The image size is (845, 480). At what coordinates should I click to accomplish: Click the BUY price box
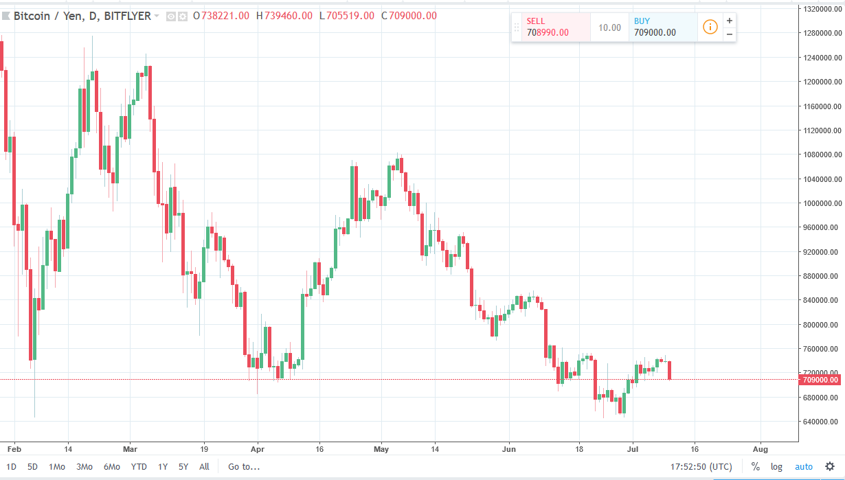[662, 27]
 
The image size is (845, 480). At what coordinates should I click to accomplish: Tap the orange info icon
[710, 27]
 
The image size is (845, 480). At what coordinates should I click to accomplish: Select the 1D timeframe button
[11, 467]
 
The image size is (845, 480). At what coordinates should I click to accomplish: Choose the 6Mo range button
[112, 467]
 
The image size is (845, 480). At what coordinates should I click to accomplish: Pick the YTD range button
[139, 467]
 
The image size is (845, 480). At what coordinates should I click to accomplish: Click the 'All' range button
[204, 467]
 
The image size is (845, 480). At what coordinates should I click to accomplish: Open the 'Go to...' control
[244, 467]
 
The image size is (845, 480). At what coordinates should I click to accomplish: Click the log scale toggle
[776, 467]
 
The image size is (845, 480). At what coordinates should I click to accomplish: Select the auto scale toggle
[804, 467]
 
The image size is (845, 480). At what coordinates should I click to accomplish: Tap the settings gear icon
[830, 466]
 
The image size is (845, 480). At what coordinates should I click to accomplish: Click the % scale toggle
[755, 467]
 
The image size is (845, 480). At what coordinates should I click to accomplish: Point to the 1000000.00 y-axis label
[822, 204]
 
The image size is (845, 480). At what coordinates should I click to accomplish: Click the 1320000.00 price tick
[822, 9]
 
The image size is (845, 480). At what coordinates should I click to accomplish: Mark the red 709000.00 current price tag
[820, 379]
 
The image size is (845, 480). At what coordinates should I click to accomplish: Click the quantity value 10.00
[609, 28]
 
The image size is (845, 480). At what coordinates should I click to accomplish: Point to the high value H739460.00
[284, 16]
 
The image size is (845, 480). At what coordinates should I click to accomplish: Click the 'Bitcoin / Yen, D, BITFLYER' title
[82, 16]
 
